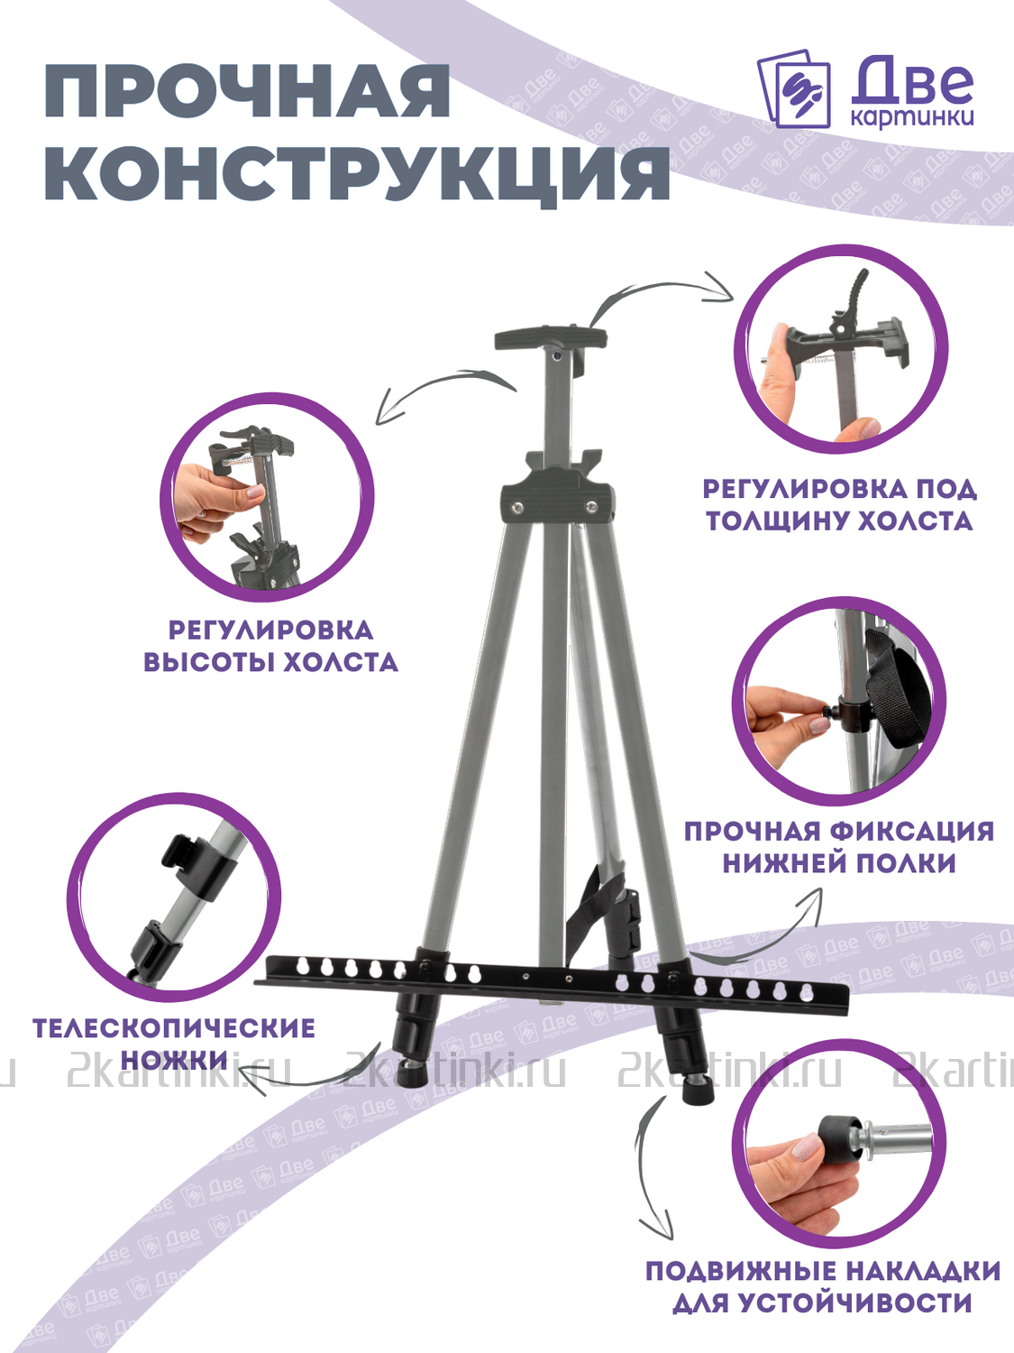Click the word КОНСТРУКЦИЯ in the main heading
[x=357, y=173]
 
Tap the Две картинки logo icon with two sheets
[x=794, y=90]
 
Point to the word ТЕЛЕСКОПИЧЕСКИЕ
[x=174, y=1029]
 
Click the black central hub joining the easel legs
[x=558, y=497]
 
